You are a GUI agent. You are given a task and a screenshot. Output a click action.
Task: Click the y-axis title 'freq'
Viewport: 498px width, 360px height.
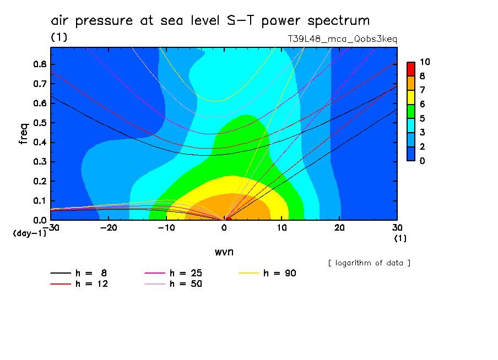(x=23, y=133)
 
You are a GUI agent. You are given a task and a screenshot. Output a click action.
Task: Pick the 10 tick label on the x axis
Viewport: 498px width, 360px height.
(x=282, y=228)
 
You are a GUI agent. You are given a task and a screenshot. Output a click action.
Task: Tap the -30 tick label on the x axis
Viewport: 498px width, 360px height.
(x=51, y=228)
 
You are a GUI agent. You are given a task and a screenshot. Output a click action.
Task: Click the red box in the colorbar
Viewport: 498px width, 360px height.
(x=410, y=69)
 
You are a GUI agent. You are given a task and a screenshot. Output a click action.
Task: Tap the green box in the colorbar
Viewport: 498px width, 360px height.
(x=410, y=111)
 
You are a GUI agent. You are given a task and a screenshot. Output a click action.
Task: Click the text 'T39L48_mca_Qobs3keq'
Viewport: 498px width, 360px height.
(x=342, y=39)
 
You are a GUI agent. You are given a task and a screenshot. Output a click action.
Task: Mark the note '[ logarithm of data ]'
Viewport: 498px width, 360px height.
(x=369, y=263)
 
